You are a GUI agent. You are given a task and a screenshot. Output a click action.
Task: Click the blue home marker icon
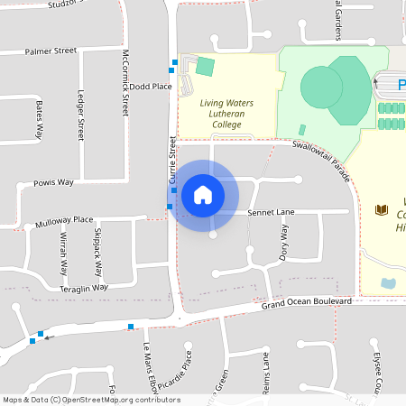tap(203, 194)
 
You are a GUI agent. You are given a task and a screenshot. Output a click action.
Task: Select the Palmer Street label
tap(51, 51)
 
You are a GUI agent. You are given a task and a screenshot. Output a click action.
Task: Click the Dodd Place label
tap(151, 87)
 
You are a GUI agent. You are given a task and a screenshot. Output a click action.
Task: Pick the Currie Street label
tap(171, 160)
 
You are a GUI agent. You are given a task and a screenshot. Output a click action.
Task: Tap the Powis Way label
tap(53, 182)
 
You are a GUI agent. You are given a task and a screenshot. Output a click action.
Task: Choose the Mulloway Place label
tap(64, 220)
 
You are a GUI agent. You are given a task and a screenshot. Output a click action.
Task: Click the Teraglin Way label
tap(84, 288)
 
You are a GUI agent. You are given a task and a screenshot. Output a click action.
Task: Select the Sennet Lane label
tap(271, 212)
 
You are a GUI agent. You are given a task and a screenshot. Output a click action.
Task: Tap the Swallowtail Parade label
tap(320, 157)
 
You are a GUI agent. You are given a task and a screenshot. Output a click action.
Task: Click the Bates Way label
tap(39, 119)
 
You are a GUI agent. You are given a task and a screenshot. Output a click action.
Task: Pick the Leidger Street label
tap(81, 115)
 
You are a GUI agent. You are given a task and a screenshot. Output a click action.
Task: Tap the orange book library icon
tap(381, 210)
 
